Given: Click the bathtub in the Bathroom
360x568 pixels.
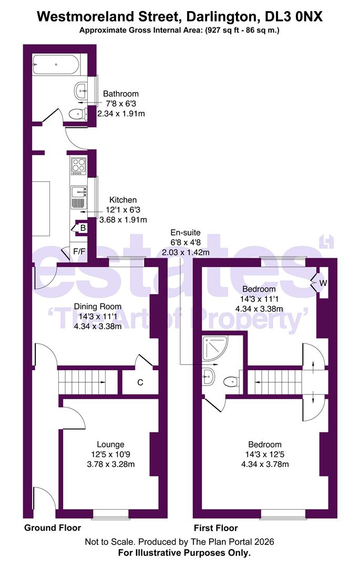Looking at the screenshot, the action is (56, 65).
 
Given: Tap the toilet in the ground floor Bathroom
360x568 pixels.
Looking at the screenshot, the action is (78, 115).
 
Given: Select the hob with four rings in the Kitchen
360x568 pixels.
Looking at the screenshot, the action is (78, 166).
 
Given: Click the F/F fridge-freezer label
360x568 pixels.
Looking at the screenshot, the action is (79, 251).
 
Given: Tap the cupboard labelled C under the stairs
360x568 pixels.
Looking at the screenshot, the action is (140, 382).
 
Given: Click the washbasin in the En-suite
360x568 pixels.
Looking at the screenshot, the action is (209, 377).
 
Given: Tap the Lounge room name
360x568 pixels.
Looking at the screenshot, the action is (110, 444).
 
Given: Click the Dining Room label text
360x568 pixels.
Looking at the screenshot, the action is (98, 307).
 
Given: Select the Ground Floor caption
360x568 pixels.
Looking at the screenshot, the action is (53, 528).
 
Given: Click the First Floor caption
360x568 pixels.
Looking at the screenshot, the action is (216, 528).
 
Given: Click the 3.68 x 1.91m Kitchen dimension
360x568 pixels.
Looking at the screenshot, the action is (123, 219).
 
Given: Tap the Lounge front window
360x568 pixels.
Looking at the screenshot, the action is (111, 514).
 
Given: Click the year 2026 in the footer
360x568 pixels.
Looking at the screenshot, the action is (264, 542).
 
